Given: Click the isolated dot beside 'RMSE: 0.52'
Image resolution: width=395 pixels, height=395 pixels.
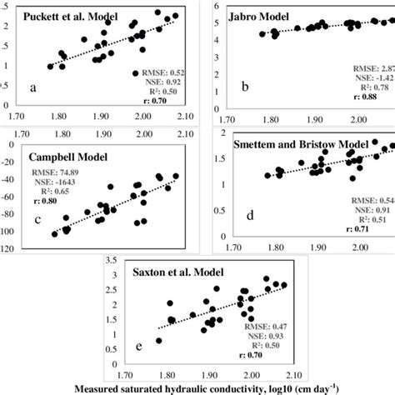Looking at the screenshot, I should (x=135, y=73).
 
